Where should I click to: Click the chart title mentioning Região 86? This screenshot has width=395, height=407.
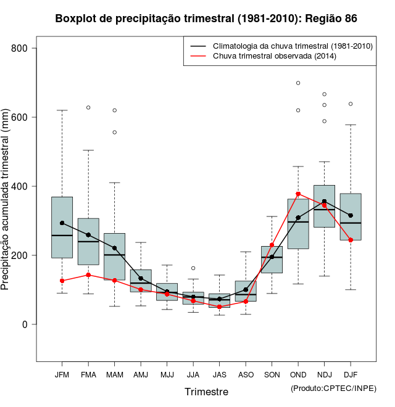pos(206,18)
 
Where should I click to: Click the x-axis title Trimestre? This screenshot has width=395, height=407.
pos(206,392)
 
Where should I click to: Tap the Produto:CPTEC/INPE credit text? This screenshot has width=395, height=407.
pos(333,388)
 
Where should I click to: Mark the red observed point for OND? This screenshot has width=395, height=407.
pos(298,194)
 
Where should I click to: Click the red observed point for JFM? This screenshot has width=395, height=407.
pos(62,281)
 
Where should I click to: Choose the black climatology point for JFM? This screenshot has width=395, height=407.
pos(62,223)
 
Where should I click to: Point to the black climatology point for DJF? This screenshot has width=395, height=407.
pos(351,215)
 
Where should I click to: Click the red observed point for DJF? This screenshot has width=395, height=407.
pos(351,240)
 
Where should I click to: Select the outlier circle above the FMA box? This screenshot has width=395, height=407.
pos(88,107)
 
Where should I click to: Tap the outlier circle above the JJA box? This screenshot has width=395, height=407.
pos(193,268)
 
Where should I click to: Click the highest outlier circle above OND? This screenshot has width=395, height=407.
pos(298,83)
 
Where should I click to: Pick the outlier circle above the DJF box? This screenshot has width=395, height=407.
pos(351,104)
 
